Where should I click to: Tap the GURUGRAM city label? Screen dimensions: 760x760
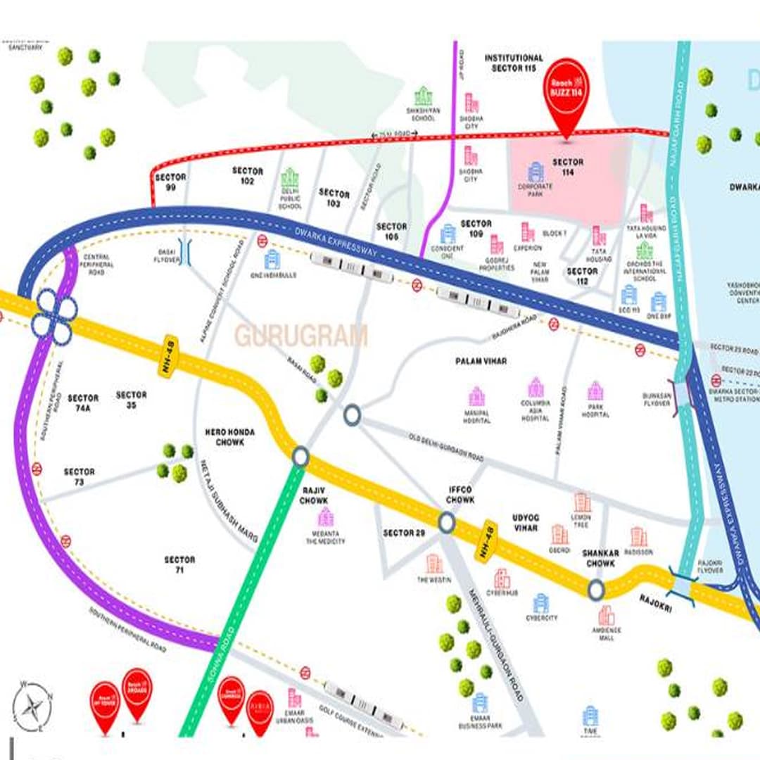301,336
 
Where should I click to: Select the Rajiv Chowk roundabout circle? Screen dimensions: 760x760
300,457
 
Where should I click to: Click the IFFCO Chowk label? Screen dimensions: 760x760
461,494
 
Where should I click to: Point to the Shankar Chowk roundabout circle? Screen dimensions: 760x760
596,589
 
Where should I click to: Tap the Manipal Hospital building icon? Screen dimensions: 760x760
477,396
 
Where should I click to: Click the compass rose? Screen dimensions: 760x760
32,706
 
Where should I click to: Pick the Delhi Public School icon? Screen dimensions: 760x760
290,178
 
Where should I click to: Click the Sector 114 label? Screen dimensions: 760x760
568,167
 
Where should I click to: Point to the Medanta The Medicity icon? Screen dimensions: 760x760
326,517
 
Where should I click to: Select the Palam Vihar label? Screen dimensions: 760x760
481,361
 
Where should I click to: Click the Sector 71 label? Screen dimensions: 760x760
179,564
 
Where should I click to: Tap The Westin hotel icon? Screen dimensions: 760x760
434,564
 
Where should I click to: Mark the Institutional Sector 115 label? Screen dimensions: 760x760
514,63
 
